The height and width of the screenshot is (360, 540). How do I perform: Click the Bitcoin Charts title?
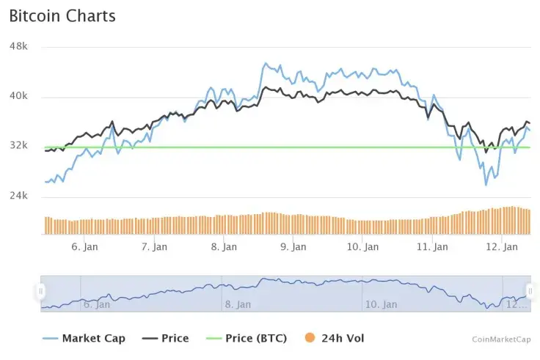(x=62, y=15)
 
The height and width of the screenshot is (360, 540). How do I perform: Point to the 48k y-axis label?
(x=18, y=46)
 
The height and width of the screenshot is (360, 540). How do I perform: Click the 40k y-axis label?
(x=18, y=96)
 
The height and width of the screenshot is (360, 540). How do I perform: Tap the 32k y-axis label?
(x=18, y=146)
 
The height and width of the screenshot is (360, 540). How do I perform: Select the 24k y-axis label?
(x=18, y=196)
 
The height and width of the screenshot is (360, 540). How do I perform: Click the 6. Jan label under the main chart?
(x=84, y=247)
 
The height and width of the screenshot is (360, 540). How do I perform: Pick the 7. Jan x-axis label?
(x=154, y=247)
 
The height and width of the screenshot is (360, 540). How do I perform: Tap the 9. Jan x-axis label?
(x=293, y=247)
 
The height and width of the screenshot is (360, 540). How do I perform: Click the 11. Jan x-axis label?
(x=432, y=247)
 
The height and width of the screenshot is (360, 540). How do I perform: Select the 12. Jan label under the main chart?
(x=503, y=247)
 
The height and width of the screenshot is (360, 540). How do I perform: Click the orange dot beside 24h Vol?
(x=309, y=338)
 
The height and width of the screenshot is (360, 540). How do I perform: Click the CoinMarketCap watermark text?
(x=501, y=339)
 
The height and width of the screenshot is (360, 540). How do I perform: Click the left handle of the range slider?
(x=41, y=291)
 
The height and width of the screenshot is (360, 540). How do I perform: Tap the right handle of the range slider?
(x=530, y=291)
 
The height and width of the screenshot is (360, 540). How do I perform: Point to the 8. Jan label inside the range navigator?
(x=239, y=304)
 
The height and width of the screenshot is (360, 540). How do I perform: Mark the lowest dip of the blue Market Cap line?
(x=486, y=185)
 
